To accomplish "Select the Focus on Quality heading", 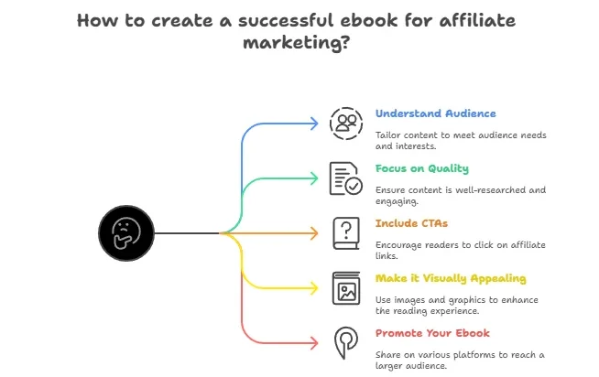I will [x=421, y=168].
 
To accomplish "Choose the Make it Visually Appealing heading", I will [x=451, y=278].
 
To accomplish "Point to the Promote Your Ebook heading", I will [x=432, y=333].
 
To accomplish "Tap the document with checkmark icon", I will [x=346, y=178].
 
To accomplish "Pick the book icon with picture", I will [x=346, y=288].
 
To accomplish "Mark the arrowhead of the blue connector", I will [x=314, y=124].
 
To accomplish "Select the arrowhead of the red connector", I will [x=314, y=343].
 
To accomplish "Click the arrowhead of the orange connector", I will [x=314, y=233].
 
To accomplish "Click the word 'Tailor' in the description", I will [x=388, y=135].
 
